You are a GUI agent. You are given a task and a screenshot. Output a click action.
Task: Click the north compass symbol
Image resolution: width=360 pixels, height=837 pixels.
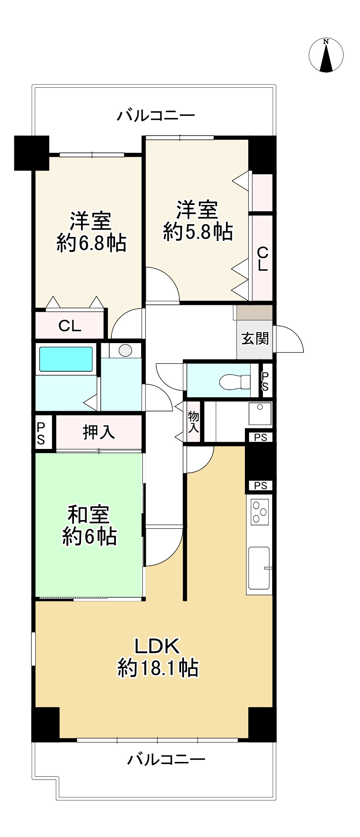[x=326, y=55]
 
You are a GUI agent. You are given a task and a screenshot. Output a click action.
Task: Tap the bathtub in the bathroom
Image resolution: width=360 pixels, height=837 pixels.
[x=66, y=359]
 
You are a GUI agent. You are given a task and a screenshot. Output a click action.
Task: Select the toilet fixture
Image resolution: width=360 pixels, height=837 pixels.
[x=235, y=381]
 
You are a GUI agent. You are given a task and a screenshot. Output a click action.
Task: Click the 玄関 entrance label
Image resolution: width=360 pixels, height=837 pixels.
[x=255, y=338]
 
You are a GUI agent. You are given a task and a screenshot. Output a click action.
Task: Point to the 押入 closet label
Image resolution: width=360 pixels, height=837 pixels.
[x=99, y=432]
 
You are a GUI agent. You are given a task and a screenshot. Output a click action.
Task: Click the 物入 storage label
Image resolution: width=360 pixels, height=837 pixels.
[x=193, y=422]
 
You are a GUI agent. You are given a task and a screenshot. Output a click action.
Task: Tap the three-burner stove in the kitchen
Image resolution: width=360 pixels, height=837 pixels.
[x=260, y=511]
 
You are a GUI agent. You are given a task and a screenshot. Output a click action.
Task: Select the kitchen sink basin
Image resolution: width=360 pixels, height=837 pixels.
[x=259, y=568]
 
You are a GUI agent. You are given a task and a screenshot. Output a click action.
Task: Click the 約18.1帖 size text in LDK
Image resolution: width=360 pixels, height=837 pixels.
[x=158, y=668]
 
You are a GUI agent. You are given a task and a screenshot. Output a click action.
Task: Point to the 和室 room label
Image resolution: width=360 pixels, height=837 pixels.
[x=89, y=514]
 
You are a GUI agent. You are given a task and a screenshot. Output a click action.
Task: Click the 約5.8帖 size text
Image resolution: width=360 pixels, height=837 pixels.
[x=198, y=231]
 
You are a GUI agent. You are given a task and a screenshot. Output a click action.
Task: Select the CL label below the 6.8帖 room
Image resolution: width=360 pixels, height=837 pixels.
[x=70, y=325]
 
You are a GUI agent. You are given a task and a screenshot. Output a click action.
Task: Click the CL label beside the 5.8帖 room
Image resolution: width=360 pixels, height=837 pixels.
[x=263, y=259]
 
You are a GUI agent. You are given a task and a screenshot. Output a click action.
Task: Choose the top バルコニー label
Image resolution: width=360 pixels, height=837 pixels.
[x=156, y=115]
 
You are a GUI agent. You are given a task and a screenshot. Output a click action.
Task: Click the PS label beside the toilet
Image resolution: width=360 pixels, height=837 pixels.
[x=265, y=381]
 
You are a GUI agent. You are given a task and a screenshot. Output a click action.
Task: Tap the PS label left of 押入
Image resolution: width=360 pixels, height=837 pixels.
[x=41, y=433]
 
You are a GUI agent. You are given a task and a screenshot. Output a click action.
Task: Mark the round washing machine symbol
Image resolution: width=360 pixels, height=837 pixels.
[x=125, y=350]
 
